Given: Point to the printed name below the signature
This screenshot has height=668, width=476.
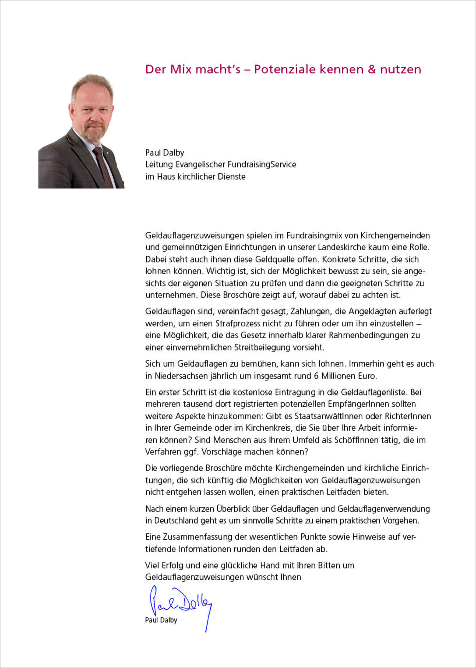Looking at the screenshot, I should [161, 620].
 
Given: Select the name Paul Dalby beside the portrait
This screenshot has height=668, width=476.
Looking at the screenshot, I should [165, 153].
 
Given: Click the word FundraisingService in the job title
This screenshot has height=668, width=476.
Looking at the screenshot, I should [262, 165].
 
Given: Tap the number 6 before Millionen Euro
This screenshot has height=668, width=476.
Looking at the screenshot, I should [316, 376].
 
